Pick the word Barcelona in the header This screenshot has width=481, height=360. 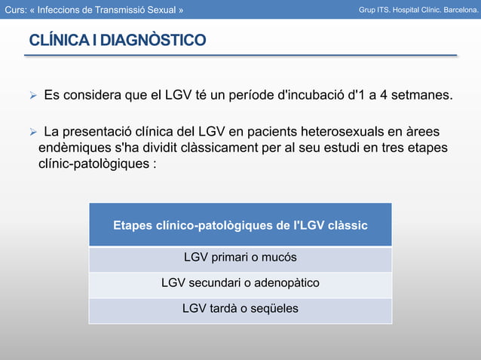(x=455, y=10)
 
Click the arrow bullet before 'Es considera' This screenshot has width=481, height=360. (x=32, y=96)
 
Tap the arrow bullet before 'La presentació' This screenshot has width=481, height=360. (x=32, y=133)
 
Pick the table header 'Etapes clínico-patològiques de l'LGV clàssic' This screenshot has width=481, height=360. (x=240, y=224)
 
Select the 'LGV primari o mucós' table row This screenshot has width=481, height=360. (x=240, y=258)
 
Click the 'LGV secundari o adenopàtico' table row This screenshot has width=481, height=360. (x=240, y=283)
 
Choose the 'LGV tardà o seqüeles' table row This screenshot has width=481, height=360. (x=240, y=309)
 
